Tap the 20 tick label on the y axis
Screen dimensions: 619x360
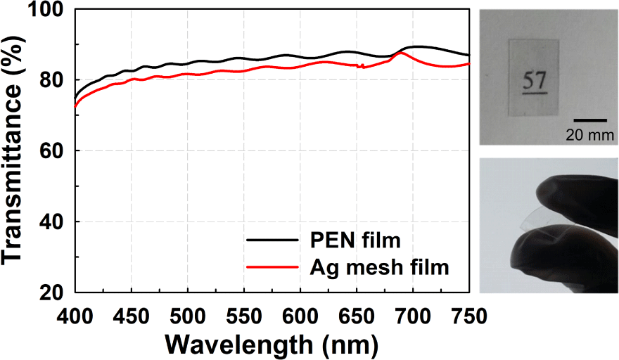coord(52,292)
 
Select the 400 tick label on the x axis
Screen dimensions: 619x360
coord(75,316)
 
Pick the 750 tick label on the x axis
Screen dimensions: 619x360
coord(468,316)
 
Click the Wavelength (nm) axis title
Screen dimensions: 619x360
coord(272,345)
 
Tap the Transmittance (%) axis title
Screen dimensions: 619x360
coord(13,150)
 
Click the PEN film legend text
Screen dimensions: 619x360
coord(355,240)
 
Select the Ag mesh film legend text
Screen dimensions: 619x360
coord(379,267)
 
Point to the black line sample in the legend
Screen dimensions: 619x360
coord(272,240)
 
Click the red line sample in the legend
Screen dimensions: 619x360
coord(272,267)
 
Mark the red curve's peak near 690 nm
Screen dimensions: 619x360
coord(400,53)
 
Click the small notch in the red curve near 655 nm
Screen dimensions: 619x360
coord(360,66)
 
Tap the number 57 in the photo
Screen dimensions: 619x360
coord(535,80)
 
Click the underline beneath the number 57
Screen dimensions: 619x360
coord(535,94)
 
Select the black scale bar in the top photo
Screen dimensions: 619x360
coord(590,120)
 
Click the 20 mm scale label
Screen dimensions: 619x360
coord(589,135)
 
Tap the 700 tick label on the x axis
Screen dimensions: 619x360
coord(413,316)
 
